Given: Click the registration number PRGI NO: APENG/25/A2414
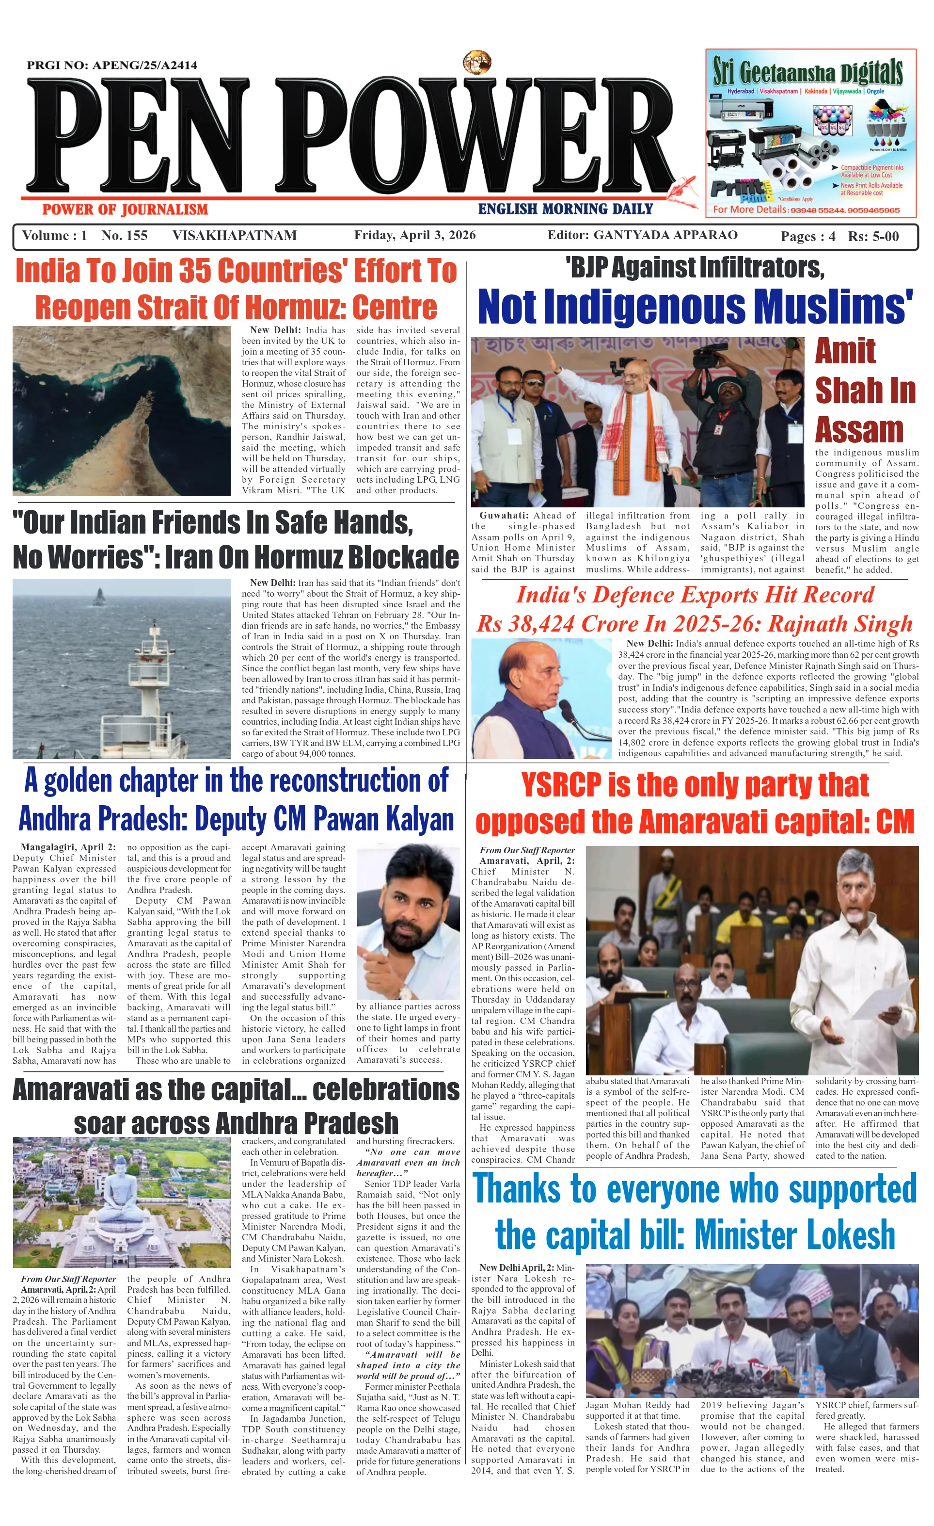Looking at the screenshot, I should (x=112, y=65).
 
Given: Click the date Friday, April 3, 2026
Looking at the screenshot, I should (x=415, y=235).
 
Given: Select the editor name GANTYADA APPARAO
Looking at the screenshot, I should (x=665, y=235).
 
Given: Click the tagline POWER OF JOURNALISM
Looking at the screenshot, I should (x=125, y=210).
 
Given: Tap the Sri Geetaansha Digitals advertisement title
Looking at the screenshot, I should (x=807, y=73).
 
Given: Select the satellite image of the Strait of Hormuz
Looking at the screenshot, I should (x=121, y=411).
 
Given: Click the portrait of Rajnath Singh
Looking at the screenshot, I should (x=541, y=698).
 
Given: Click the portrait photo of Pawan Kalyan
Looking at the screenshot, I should (x=408, y=921).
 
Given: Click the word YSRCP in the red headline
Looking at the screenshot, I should (x=561, y=785).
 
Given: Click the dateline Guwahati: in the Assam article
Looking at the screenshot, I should (x=503, y=515).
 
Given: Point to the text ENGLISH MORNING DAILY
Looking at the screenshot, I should (x=565, y=210).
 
